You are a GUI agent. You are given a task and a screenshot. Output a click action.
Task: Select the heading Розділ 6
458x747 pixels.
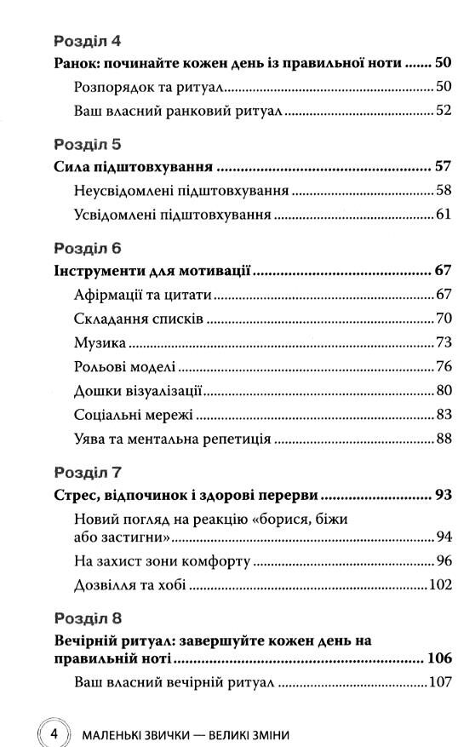coord(88,249)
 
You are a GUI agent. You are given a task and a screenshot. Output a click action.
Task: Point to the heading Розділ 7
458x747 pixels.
coord(88,471)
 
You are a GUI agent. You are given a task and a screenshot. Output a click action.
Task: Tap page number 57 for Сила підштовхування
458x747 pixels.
coord(442,167)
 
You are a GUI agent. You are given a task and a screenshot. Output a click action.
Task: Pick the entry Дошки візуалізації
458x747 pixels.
coord(137,393)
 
